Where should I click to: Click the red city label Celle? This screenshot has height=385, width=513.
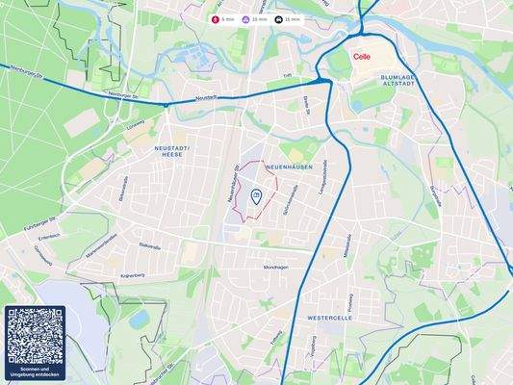362,57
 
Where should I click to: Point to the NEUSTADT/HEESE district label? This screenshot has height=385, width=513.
173,150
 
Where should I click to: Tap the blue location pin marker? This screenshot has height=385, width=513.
255,196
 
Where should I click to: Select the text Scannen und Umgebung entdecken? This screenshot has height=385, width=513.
35,372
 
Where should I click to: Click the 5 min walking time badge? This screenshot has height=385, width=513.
226,19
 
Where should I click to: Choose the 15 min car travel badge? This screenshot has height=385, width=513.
289,19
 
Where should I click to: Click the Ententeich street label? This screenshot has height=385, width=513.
49,237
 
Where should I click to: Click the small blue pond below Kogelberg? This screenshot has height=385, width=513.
141,317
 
